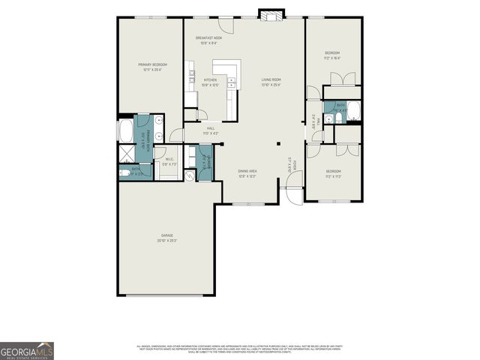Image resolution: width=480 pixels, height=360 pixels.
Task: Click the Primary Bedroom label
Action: tap(152, 67)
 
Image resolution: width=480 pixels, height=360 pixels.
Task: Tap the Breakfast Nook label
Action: tap(209, 40)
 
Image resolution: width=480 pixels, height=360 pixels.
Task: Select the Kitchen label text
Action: tap(209, 82)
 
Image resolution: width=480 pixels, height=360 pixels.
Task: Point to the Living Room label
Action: tap(271, 82)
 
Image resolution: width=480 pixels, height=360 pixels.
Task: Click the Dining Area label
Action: tap(247, 174)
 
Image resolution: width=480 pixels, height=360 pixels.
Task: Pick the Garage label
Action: tap(166, 238)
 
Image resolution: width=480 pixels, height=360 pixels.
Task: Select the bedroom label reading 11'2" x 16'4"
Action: tap(331, 55)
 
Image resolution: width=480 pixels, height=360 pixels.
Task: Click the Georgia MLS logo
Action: tap(27, 350)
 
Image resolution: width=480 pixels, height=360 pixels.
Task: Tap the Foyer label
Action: tap(295, 163)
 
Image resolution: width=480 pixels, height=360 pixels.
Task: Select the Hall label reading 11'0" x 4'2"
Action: tap(211, 130)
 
